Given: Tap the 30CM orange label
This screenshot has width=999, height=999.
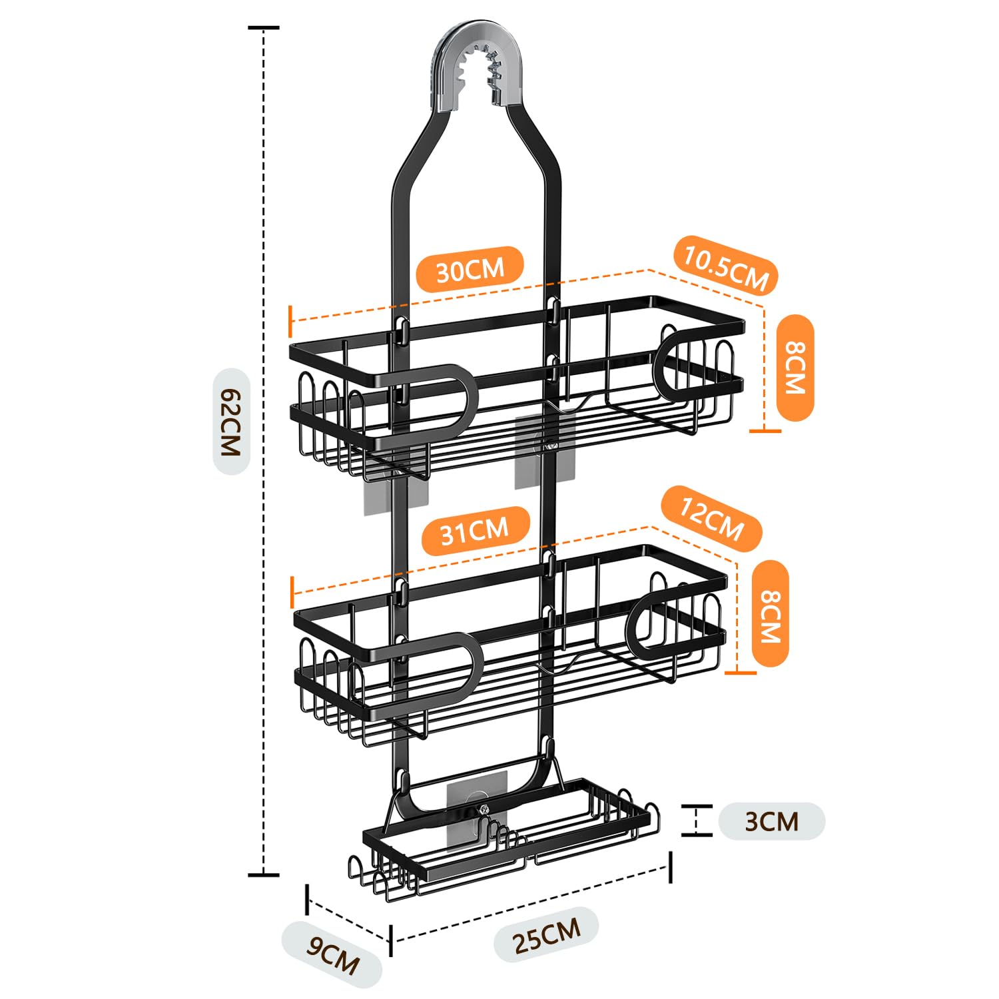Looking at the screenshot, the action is coord(470,270).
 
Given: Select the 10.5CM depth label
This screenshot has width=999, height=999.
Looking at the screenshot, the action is coord(726,266).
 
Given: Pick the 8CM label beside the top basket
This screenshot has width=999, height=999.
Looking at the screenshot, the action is coord(795,368).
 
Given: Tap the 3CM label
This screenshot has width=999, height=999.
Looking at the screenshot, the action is coord(771,821).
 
